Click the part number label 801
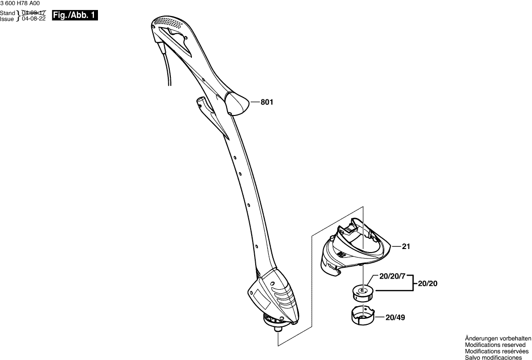pos(266,102)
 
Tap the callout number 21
pos(406,247)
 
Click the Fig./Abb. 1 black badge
pos(74,16)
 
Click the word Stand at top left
pos(8,13)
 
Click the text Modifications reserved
pos(495,345)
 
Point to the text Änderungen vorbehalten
pos(498,339)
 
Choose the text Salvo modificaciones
pos(493,357)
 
